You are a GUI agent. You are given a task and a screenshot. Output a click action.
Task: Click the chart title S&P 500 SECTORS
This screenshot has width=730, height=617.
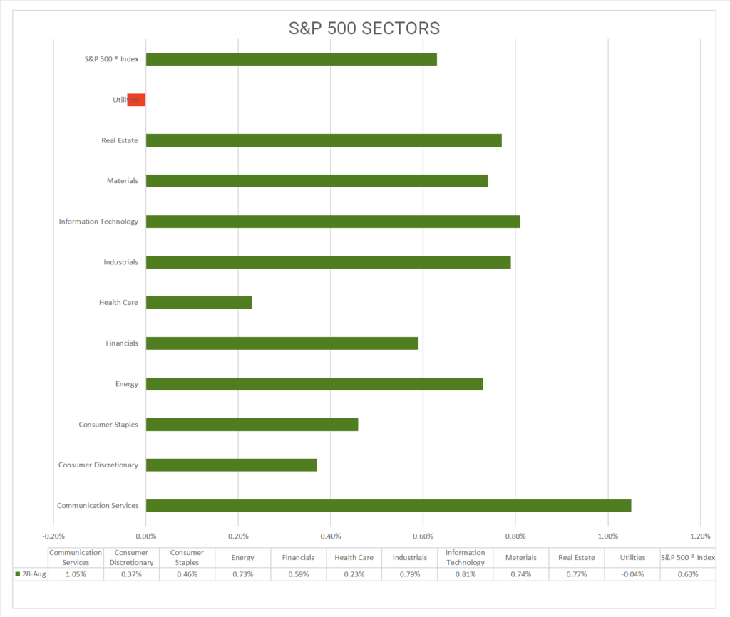coord(364,28)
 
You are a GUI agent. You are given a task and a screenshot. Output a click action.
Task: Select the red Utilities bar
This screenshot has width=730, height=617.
coord(136,100)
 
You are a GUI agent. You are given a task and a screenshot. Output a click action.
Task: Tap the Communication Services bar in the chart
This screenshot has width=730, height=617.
coord(389,505)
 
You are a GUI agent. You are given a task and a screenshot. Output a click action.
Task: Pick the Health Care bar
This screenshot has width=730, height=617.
coord(199,303)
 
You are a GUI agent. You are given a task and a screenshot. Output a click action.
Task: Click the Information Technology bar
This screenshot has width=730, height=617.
coord(333,222)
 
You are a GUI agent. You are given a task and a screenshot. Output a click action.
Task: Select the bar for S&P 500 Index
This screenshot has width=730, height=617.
coord(291,59)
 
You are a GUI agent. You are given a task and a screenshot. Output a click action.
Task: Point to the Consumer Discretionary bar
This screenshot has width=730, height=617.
coord(231,465)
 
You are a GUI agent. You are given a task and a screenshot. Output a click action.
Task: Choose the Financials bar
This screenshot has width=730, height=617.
coord(282,343)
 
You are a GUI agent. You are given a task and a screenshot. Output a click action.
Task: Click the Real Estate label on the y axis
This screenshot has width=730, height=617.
coord(120,140)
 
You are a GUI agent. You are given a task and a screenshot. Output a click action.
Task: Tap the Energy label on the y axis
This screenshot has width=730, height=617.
coord(126,384)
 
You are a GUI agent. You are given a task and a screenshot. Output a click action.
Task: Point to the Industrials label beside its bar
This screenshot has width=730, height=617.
coord(120,262)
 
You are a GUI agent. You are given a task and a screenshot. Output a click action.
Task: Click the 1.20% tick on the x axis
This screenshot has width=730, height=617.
coord(700,536)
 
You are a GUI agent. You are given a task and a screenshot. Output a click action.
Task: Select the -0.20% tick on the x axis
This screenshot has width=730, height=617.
coord(53,536)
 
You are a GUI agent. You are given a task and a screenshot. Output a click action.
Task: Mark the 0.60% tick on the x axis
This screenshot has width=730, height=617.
coord(423,536)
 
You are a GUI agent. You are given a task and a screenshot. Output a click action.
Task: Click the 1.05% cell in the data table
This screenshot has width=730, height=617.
coord(76,574)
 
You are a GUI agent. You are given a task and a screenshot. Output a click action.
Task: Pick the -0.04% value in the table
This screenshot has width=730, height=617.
coord(632,574)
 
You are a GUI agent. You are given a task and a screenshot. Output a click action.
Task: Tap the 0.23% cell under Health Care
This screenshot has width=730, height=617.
coord(354,574)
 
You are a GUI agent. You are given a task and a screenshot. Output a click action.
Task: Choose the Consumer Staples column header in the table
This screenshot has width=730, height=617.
coord(187,558)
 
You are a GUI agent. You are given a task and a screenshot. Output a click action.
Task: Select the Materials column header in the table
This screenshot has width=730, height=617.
coord(521,558)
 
